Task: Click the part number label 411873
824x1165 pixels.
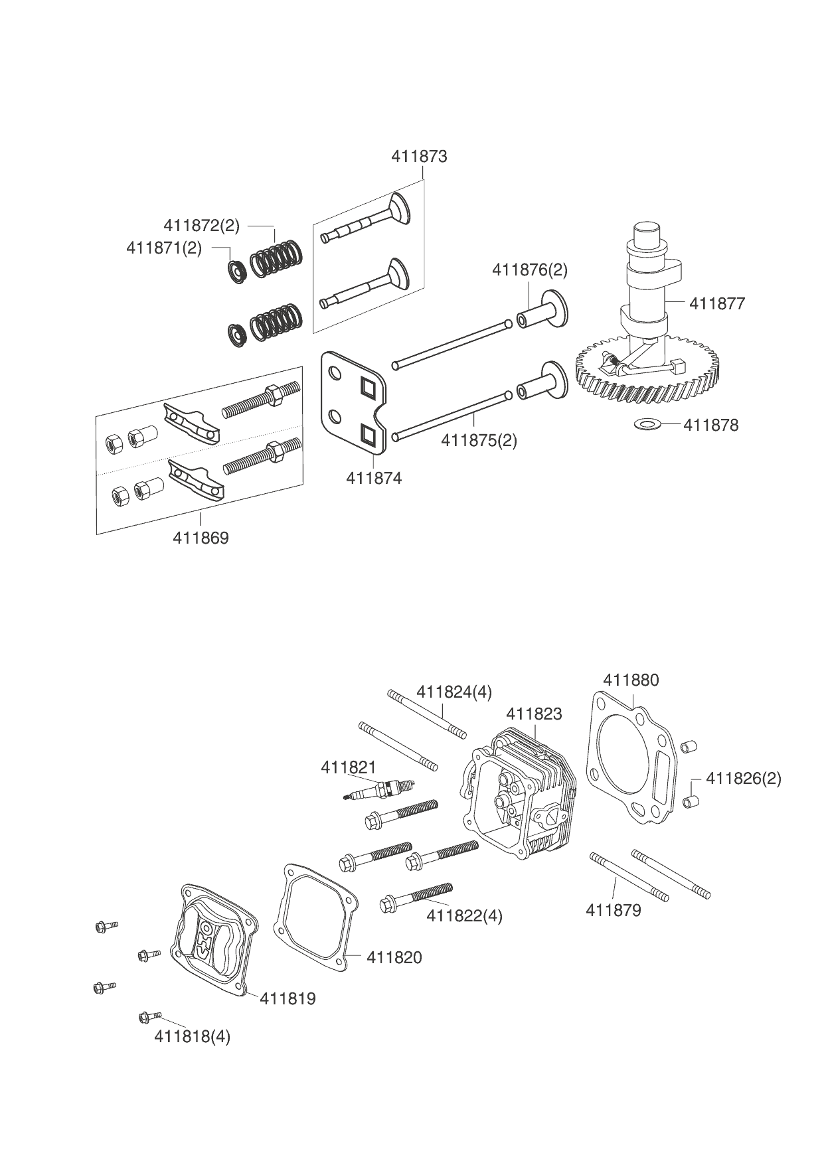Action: (x=419, y=157)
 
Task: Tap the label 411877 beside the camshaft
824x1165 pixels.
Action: (x=717, y=304)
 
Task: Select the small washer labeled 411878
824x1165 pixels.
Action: (x=645, y=423)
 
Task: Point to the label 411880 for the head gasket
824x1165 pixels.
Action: (x=631, y=680)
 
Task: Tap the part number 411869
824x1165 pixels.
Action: (x=201, y=538)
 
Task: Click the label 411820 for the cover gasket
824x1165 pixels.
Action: (x=394, y=957)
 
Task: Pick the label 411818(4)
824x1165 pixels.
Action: (x=192, y=1036)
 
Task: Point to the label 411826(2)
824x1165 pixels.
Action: (x=744, y=778)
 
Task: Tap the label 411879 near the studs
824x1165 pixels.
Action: (x=614, y=910)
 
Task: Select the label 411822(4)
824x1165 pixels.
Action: (x=464, y=916)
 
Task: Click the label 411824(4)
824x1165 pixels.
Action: (x=454, y=692)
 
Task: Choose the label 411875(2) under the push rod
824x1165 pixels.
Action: (x=479, y=440)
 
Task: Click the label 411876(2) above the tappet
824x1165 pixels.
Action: (x=530, y=270)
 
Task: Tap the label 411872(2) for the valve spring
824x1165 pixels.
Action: (x=201, y=226)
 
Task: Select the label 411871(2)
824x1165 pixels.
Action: (x=164, y=248)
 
